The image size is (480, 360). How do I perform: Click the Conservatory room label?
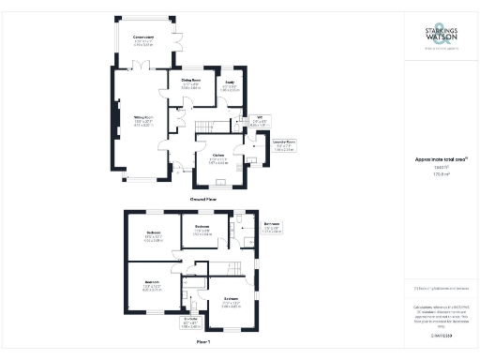[142, 39]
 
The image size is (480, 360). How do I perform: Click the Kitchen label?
[217, 160]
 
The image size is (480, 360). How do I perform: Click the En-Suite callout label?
[190, 324]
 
